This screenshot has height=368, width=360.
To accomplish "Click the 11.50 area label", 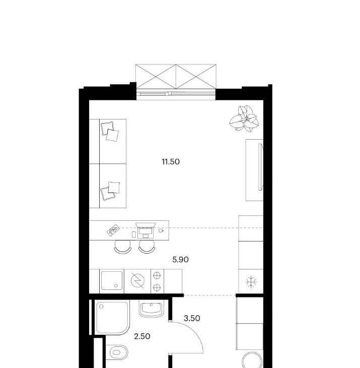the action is tap(171, 162).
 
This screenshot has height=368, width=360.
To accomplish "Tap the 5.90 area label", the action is tap(180, 260).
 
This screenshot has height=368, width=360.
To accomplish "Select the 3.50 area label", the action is tap(192, 319).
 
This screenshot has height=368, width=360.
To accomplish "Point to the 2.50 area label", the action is tap(142, 336).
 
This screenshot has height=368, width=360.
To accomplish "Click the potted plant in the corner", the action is tap(244, 118).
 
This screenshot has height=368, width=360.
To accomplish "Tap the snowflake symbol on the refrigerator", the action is tap(251, 282).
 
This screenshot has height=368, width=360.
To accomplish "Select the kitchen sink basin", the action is tap(112, 280).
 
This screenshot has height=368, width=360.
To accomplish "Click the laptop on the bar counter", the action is tap(146, 230).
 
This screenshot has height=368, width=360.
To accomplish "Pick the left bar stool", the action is tap(122, 248).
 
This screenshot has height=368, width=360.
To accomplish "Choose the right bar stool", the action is tap(147, 248).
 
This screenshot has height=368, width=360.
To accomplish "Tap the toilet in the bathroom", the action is tap(117, 352).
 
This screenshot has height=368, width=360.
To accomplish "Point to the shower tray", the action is tap(112, 318).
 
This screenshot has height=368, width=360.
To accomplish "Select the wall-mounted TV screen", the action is tap(261, 167).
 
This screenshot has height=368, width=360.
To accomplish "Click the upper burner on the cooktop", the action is tap(157, 276).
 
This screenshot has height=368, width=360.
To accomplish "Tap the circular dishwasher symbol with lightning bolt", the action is tap(137, 280).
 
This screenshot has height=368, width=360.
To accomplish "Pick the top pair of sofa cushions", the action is tap(110, 132).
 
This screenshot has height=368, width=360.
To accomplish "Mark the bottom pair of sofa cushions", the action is tap(110, 191).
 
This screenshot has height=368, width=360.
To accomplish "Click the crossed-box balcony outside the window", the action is tap(176, 77).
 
